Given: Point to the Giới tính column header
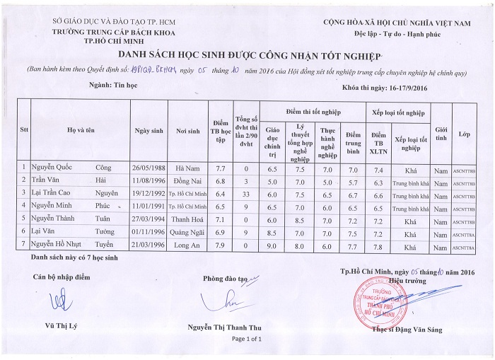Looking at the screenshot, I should (x=441, y=134).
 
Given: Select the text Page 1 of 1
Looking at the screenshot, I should (x=245, y=340).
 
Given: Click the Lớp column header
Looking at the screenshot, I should (x=464, y=134).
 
